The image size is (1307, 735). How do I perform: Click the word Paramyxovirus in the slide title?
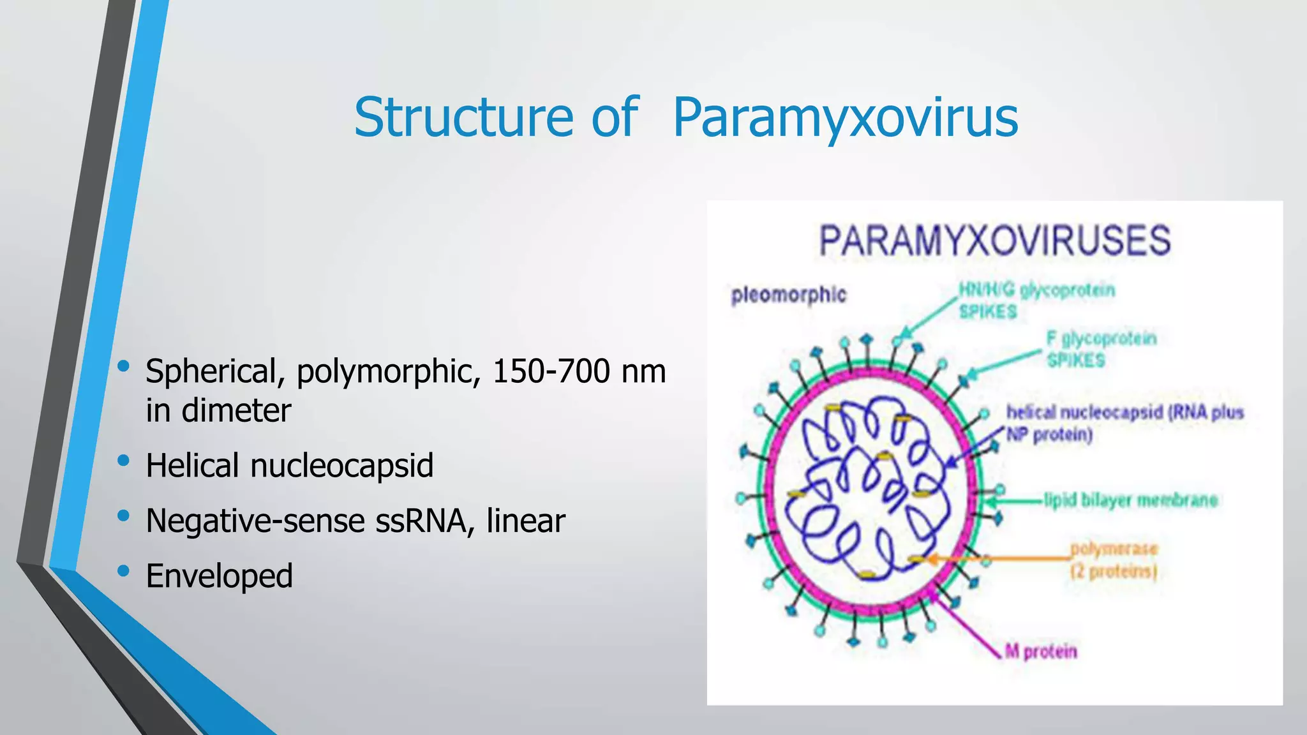click(x=845, y=117)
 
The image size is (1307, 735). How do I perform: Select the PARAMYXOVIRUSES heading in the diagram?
click(x=994, y=241)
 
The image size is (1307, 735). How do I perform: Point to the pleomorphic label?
click(x=788, y=295)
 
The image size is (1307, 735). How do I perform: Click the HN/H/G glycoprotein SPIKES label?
click(x=1036, y=301)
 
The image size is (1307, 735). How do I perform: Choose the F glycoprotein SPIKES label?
click(x=1101, y=348)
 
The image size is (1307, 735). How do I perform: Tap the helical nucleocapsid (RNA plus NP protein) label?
click(x=1124, y=423)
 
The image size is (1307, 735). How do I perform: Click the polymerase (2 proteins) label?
click(x=1113, y=560)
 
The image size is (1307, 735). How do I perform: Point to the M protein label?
click(x=1041, y=651)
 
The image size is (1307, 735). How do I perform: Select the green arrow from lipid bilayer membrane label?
click(x=1015, y=500)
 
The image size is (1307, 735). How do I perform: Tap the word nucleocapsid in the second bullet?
click(x=341, y=465)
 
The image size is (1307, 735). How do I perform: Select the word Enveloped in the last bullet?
click(x=220, y=575)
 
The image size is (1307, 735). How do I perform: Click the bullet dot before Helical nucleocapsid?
click(x=124, y=460)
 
